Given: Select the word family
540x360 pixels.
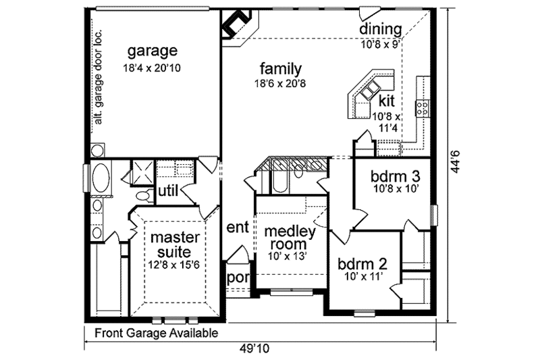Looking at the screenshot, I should tap(279, 68).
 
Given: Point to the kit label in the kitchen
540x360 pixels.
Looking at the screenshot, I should tap(386, 101).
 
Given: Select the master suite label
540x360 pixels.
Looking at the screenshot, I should tap(174, 245).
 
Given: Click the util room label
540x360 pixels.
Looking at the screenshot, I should tap(167, 191).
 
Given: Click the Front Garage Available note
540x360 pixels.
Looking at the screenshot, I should tap(156, 333).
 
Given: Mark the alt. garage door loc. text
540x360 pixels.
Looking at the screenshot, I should tap(98, 76).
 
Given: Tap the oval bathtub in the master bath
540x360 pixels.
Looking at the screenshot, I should tap(101, 179).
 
